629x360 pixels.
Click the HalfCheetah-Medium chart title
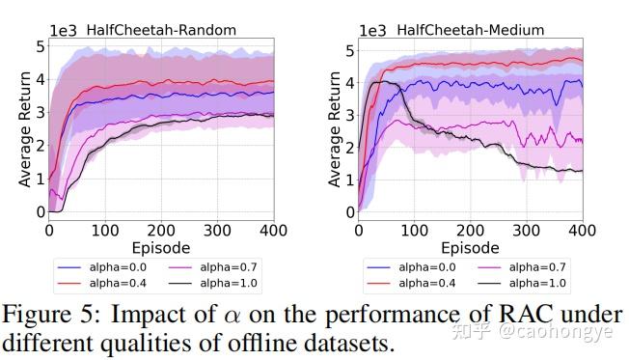pyautogui.click(x=462, y=29)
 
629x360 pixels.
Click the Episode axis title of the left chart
pyautogui.click(x=161, y=247)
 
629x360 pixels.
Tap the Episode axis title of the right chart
pyautogui.click(x=470, y=247)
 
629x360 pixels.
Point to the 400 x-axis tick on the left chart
pyautogui.click(x=274, y=232)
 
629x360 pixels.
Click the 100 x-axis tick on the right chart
pyautogui.click(x=415, y=232)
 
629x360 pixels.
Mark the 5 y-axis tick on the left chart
pyautogui.click(x=39, y=46)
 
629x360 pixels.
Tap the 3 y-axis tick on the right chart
pyautogui.click(x=348, y=113)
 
